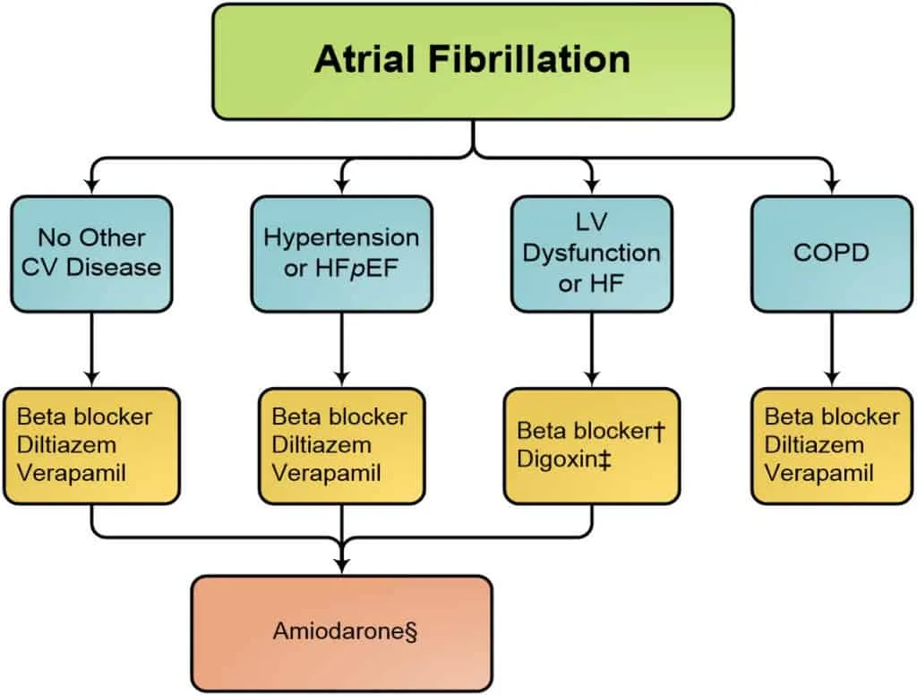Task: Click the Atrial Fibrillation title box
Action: pyautogui.click(x=473, y=62)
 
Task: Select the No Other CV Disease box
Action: pyautogui.click(x=91, y=253)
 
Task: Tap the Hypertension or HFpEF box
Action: pyautogui.click(x=341, y=253)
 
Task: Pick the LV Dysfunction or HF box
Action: pyautogui.click(x=592, y=253)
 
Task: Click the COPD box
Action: pyautogui.click(x=832, y=253)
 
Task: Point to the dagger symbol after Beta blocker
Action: pyautogui.click(x=660, y=432)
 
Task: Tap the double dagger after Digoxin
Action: pyautogui.click(x=604, y=460)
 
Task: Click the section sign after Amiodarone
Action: pyautogui.click(x=410, y=632)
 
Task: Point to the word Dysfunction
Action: pyautogui.click(x=591, y=253)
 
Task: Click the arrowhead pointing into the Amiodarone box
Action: pyautogui.click(x=342, y=565)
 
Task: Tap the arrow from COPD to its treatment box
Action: pyautogui.click(x=832, y=349)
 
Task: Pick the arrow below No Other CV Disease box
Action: pyautogui.click(x=91, y=349)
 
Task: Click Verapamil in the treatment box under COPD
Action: pyautogui.click(x=818, y=473)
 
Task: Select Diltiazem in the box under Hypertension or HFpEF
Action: pyautogui.click(x=321, y=445)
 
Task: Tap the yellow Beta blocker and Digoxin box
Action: pyautogui.click(x=592, y=446)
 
